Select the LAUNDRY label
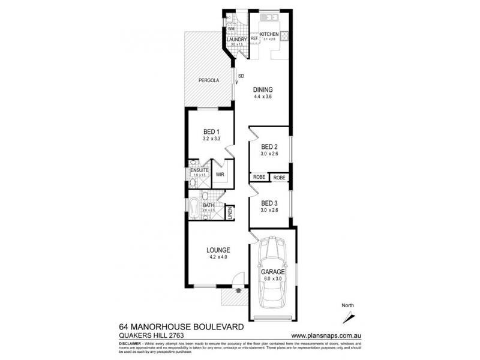coord(237,40)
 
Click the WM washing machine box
coord(231,29)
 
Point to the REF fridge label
coord(254,39)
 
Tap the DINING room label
coord(263,90)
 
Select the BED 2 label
coord(269,147)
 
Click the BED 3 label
coord(269,203)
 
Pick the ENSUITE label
coord(199,170)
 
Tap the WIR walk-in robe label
coord(220,175)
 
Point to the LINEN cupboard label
coord(229,213)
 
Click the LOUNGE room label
coord(218,250)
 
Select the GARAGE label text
coord(272,271)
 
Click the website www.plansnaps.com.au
coord(325,335)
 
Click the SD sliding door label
coord(241,76)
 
